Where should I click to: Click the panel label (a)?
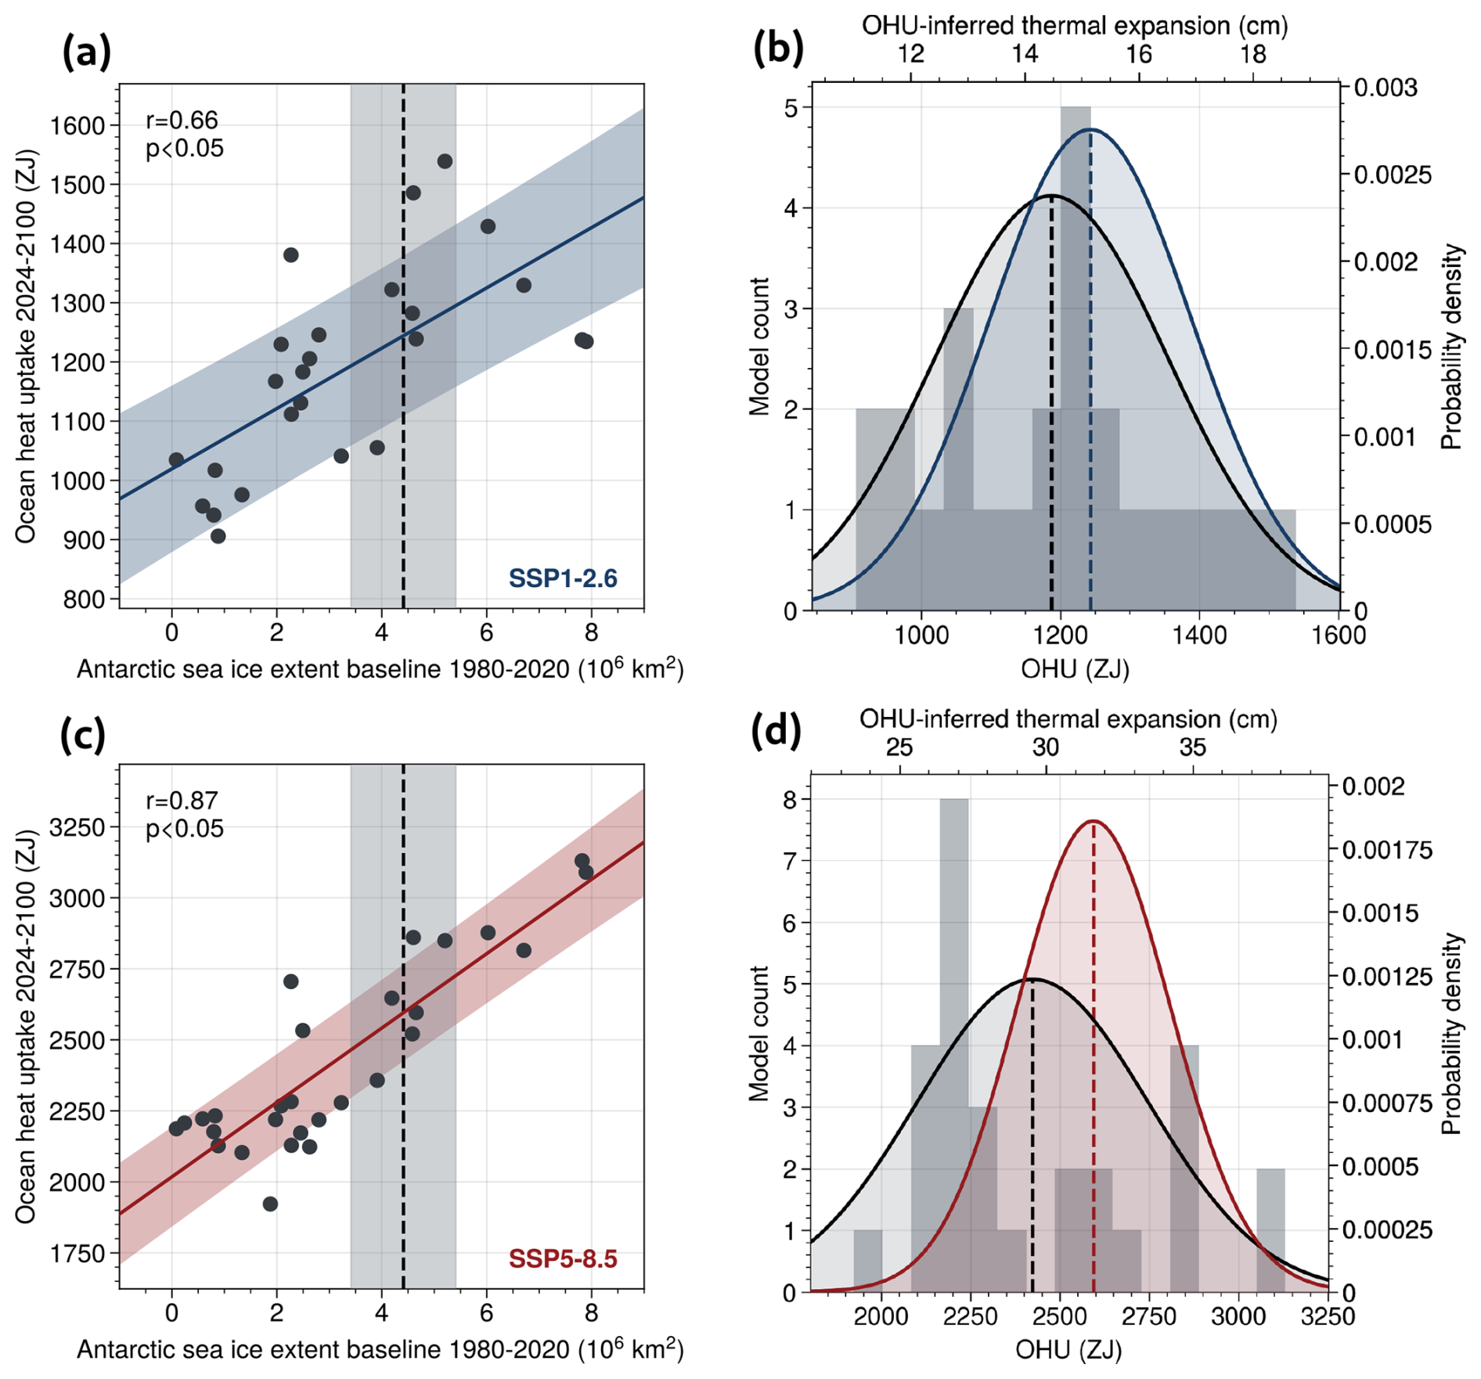(86, 53)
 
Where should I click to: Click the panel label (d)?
(775, 732)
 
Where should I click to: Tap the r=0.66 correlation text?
(182, 120)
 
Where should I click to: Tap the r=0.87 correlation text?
(182, 801)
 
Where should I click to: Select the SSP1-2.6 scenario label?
(563, 578)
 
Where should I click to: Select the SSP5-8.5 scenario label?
(563, 1259)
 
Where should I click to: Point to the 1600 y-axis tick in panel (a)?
(77, 126)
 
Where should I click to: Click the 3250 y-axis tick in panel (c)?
(77, 827)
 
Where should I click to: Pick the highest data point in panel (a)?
(445, 161)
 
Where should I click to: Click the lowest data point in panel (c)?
(270, 1204)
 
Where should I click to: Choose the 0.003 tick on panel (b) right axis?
(1386, 88)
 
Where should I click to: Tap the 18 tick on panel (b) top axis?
(1253, 54)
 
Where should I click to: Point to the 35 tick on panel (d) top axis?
(1192, 747)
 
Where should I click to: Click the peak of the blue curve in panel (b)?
(1090, 130)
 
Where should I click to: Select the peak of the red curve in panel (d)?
(1093, 821)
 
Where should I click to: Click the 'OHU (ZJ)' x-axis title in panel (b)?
(1075, 668)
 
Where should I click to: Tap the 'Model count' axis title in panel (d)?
(759, 1033)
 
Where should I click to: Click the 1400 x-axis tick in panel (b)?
(1199, 634)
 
